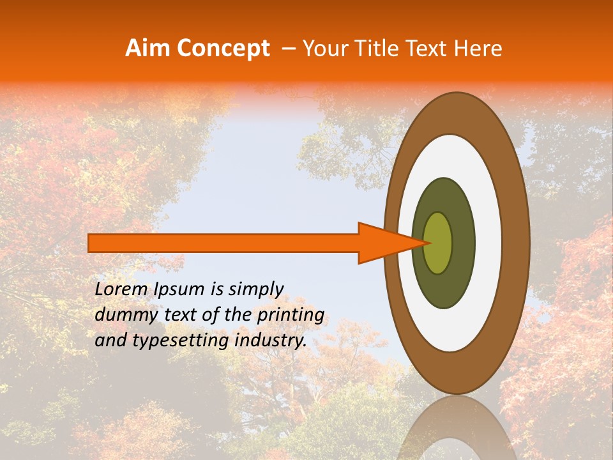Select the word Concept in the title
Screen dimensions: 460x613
[x=223, y=49]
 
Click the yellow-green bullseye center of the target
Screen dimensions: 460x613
[x=438, y=243]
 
